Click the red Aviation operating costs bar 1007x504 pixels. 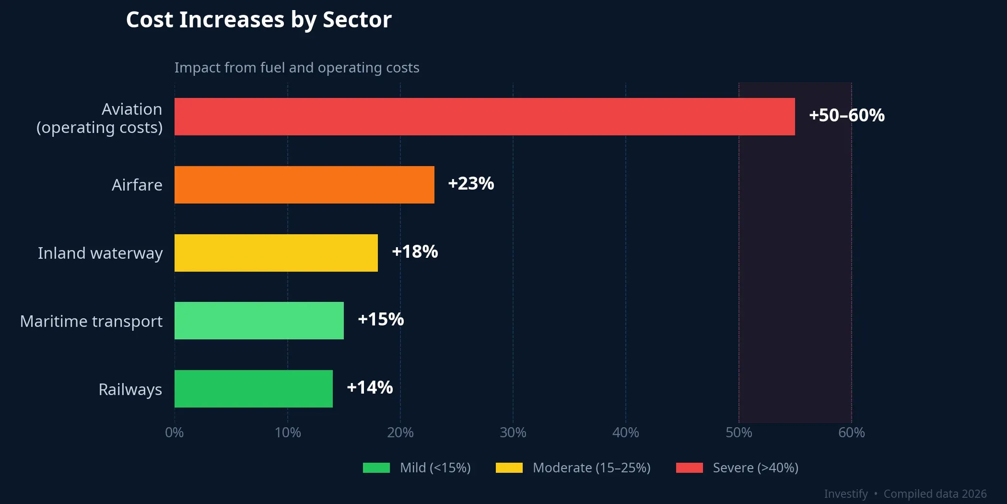pos(484,117)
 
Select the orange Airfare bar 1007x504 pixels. pos(304,185)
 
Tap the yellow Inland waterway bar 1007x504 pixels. pos(276,253)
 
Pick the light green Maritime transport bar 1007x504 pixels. pos(259,321)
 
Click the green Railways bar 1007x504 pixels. pos(253,389)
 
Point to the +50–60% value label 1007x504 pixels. pos(846,116)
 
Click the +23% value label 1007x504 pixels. pos(470,184)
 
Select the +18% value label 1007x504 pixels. pos(415,252)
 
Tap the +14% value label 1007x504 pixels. pos(370,388)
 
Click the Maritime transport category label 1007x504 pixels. pos(91,321)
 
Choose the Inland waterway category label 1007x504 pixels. pos(100,253)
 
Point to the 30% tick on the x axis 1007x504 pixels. pos(513,433)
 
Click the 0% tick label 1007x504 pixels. pos(174,433)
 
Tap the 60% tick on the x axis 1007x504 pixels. pos(851,433)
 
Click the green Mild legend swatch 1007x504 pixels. pos(376,468)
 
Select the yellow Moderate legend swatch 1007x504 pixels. pos(509,468)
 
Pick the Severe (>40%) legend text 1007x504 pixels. pos(755,468)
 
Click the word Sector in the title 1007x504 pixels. pos(357,20)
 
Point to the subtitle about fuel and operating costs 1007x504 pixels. pos(296,68)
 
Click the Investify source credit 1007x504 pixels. pos(845,494)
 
